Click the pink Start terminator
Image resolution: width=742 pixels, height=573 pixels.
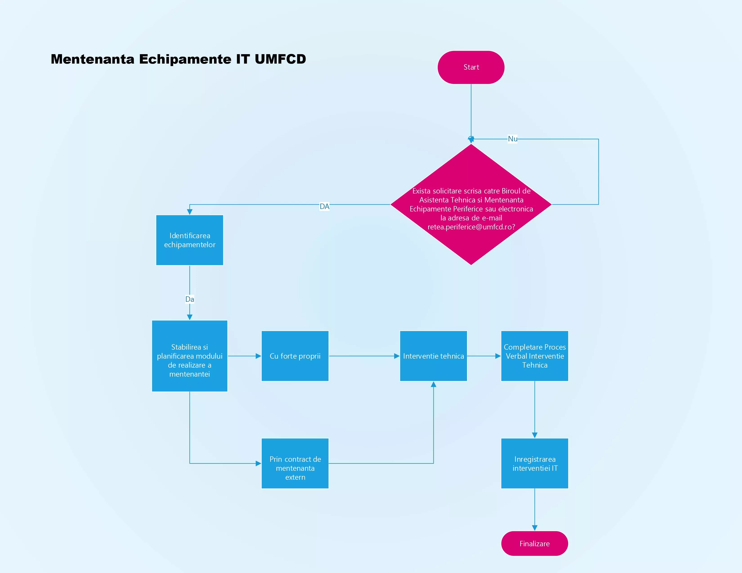(x=471, y=67)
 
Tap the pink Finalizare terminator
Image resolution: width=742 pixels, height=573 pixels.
(x=534, y=544)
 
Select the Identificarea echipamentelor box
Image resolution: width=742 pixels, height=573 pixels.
(x=190, y=240)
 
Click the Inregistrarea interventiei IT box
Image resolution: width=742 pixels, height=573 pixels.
(x=534, y=463)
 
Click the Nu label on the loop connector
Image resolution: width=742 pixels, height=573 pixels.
(x=512, y=139)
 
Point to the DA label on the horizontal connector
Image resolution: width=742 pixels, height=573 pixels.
(x=324, y=206)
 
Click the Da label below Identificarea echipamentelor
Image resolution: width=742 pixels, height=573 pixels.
(x=190, y=299)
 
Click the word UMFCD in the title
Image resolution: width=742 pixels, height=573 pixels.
(x=280, y=59)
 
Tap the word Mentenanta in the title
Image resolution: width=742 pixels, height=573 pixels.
(x=92, y=59)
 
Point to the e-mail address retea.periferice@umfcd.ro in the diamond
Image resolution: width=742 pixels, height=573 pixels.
(x=471, y=227)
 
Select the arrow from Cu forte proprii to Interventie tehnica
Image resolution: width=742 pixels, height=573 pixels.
(x=364, y=356)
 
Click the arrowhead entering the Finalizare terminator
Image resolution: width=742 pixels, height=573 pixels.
(x=534, y=528)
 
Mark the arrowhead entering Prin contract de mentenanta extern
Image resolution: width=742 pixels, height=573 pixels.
(x=258, y=463)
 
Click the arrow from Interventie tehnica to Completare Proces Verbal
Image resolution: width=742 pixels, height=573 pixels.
(x=484, y=356)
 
